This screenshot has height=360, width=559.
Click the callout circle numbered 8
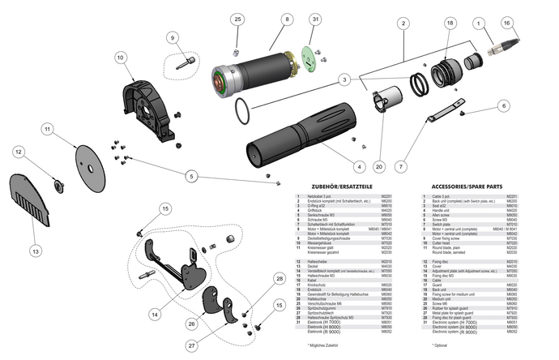tap(287, 19)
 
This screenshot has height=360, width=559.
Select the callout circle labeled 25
tap(237, 19)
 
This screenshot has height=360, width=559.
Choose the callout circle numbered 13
tap(34, 252)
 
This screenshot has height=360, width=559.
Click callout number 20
tap(378, 168)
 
